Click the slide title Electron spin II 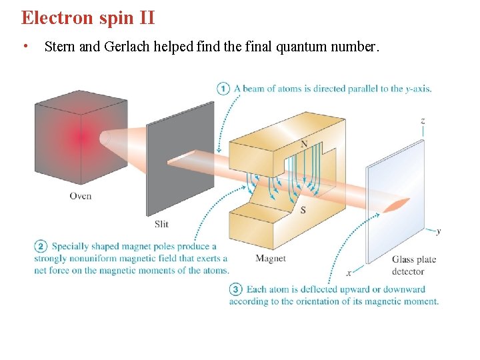87,17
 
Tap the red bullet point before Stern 25,47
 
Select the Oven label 80,196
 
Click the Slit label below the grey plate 161,224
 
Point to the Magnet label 270,258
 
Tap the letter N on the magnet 304,145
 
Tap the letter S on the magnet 303,211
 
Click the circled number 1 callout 223,88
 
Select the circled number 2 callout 41,247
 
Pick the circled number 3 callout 235,289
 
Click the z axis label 423,121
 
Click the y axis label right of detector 438,231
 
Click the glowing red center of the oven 82,138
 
